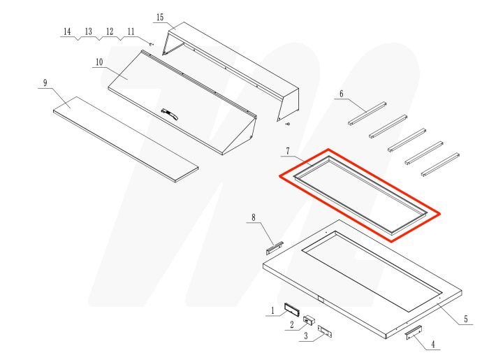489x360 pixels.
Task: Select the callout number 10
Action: point(99,62)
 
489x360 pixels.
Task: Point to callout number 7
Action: point(287,150)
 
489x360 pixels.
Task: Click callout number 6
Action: point(342,94)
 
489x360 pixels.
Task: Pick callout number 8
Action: point(254,218)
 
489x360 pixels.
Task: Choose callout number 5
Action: point(465,319)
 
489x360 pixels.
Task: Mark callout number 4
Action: point(433,344)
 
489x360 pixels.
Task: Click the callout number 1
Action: point(272,310)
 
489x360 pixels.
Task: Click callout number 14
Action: point(67,32)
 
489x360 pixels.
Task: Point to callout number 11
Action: point(131,32)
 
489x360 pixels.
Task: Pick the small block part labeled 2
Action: point(307,320)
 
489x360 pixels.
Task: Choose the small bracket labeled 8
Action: point(273,246)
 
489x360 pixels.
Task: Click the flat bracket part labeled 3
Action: point(325,331)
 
